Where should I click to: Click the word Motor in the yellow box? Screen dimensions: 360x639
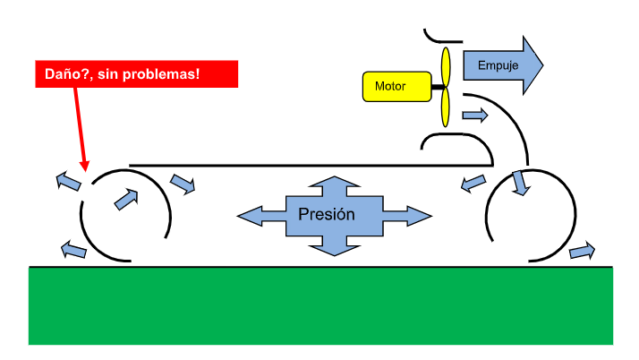pos(390,87)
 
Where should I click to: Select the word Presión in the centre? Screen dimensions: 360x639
pos(327,214)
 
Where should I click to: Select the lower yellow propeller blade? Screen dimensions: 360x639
pos(445,108)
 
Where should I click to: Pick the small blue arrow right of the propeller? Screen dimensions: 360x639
pos(475,116)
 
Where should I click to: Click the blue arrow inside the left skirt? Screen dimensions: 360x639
pos(127,198)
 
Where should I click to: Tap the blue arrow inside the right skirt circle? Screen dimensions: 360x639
pos(519,183)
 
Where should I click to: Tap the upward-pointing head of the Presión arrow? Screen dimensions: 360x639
pos(333,184)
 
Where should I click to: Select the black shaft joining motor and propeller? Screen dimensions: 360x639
pos(435,87)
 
